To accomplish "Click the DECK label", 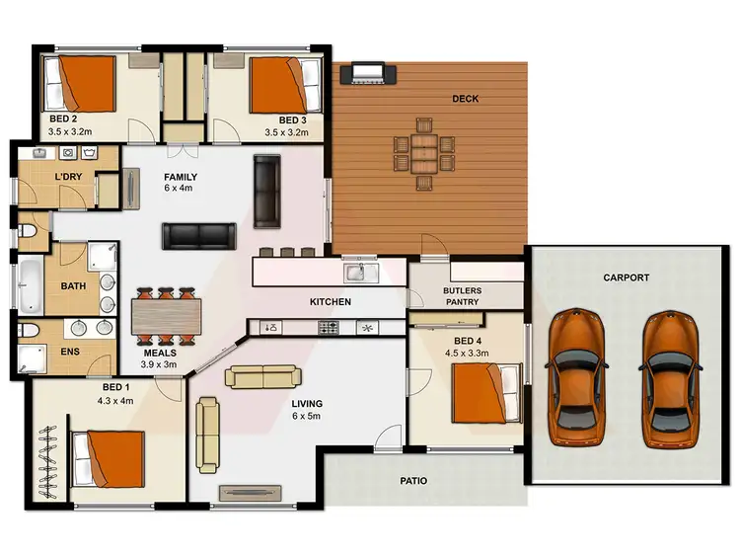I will [466, 98].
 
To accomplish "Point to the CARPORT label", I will [626, 278].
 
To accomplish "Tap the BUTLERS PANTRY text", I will [462, 296].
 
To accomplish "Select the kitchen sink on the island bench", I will [355, 271].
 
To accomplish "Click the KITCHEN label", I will [331, 301].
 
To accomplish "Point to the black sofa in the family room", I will [200, 234].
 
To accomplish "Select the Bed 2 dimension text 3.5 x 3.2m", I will [70, 130].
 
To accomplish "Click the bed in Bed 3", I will [279, 85].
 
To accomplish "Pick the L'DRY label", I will [68, 177].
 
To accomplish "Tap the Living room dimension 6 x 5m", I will [306, 417].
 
